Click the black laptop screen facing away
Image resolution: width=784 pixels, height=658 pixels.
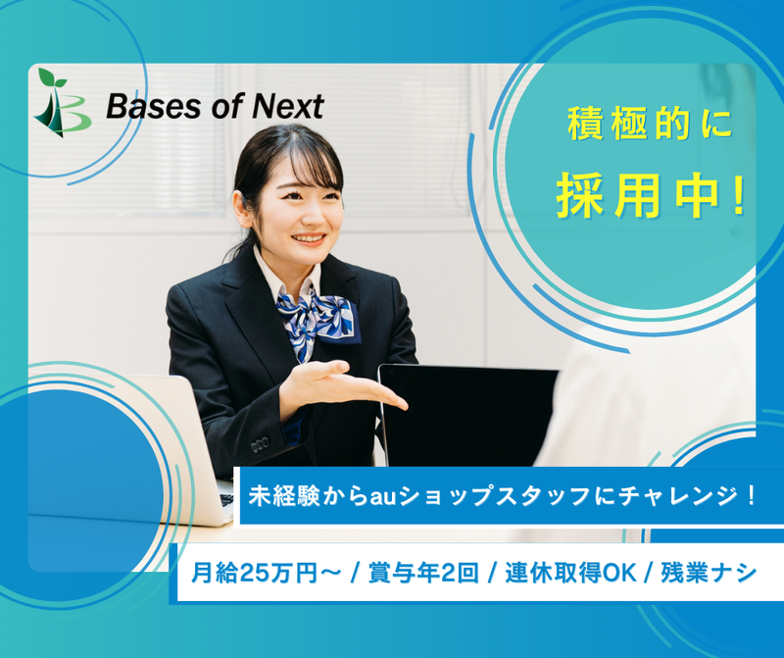tap(461, 412)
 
